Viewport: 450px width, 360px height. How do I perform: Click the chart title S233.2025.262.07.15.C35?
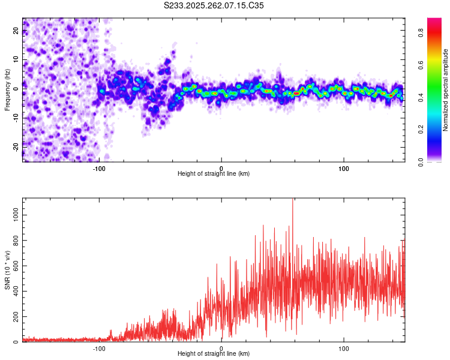tap(214, 5)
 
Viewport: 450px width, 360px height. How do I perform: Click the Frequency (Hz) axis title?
tap(7, 90)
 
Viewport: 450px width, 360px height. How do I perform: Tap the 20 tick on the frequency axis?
tap(16, 31)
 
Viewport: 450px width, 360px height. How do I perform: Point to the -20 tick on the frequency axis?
tap(16, 146)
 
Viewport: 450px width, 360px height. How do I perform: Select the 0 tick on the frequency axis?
tap(16, 89)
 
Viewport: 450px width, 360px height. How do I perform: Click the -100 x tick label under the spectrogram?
tap(99, 167)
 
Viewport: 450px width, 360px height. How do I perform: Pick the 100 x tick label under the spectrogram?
tap(344, 167)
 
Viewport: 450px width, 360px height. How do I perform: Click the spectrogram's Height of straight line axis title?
tap(214, 173)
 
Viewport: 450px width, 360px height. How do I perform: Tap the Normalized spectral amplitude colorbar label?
tap(446, 90)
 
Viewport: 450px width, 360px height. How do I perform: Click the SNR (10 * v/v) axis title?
tap(7, 270)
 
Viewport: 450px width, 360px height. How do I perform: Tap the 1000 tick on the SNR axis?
tap(16, 214)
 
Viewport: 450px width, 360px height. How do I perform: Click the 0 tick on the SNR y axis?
tap(16, 342)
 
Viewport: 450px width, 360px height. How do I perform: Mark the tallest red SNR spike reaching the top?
tap(292, 202)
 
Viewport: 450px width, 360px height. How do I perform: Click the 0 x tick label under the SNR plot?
tap(221, 347)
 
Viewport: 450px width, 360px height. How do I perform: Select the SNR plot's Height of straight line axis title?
tap(214, 353)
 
